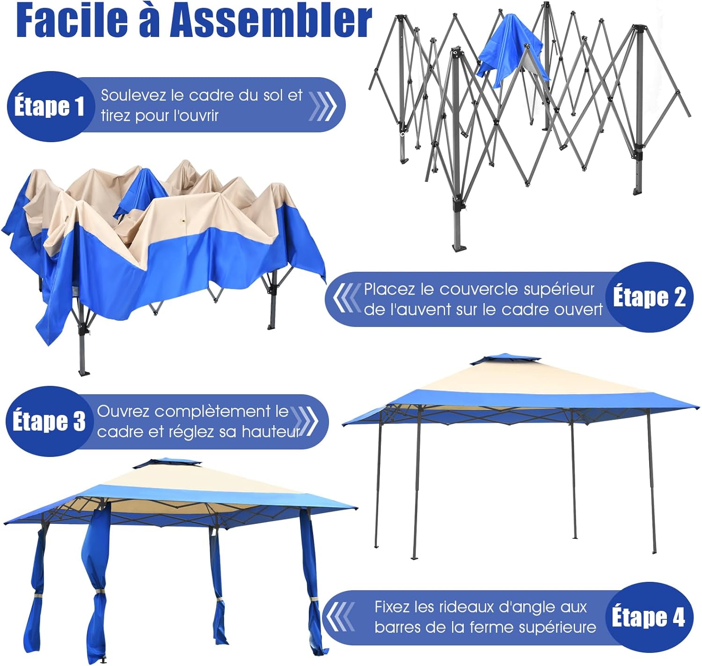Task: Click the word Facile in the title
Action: (x=72, y=21)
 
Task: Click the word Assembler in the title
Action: (x=271, y=21)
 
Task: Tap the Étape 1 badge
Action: (x=50, y=106)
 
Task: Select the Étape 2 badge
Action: (x=650, y=297)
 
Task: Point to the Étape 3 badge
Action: (x=49, y=421)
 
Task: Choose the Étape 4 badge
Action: (x=649, y=617)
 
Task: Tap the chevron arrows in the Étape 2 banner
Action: (x=347, y=297)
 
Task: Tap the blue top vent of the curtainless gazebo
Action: (x=505, y=359)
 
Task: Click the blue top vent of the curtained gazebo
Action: (x=167, y=463)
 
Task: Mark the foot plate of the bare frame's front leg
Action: (x=459, y=248)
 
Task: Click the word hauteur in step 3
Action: (x=271, y=432)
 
